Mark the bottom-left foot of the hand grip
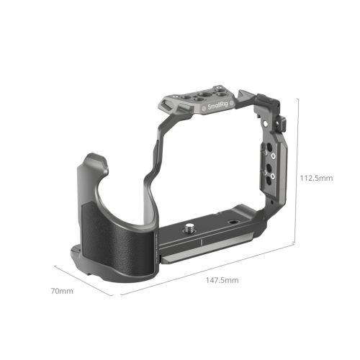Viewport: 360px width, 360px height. point(79,252)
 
